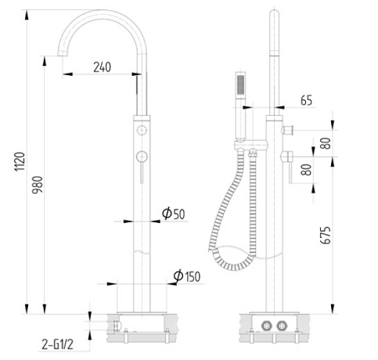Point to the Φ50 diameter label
[x=173, y=214]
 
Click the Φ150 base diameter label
[x=188, y=276]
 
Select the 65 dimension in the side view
[x=306, y=100]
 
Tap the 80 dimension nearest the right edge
[x=346, y=142]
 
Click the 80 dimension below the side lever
[x=307, y=168]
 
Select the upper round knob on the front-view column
[x=142, y=130]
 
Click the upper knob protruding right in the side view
[x=289, y=128]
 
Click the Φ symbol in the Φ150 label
[x=178, y=276]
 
